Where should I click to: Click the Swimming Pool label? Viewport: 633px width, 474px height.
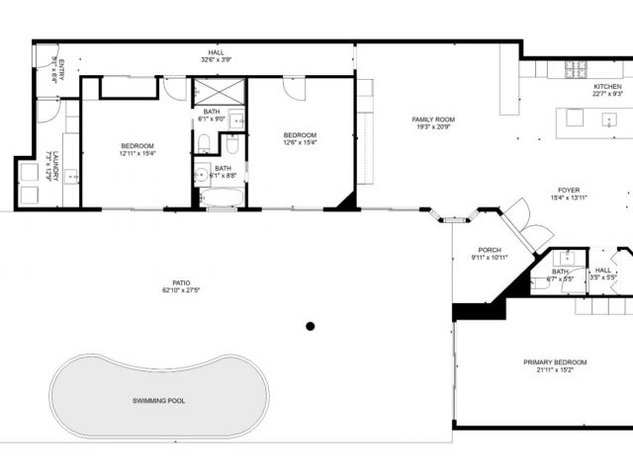coord(158,401)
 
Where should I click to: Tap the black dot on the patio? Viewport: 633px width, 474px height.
coord(311,326)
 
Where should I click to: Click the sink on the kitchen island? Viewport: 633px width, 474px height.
coord(608,119)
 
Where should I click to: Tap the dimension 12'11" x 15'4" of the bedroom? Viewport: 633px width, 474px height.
coord(137,153)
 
